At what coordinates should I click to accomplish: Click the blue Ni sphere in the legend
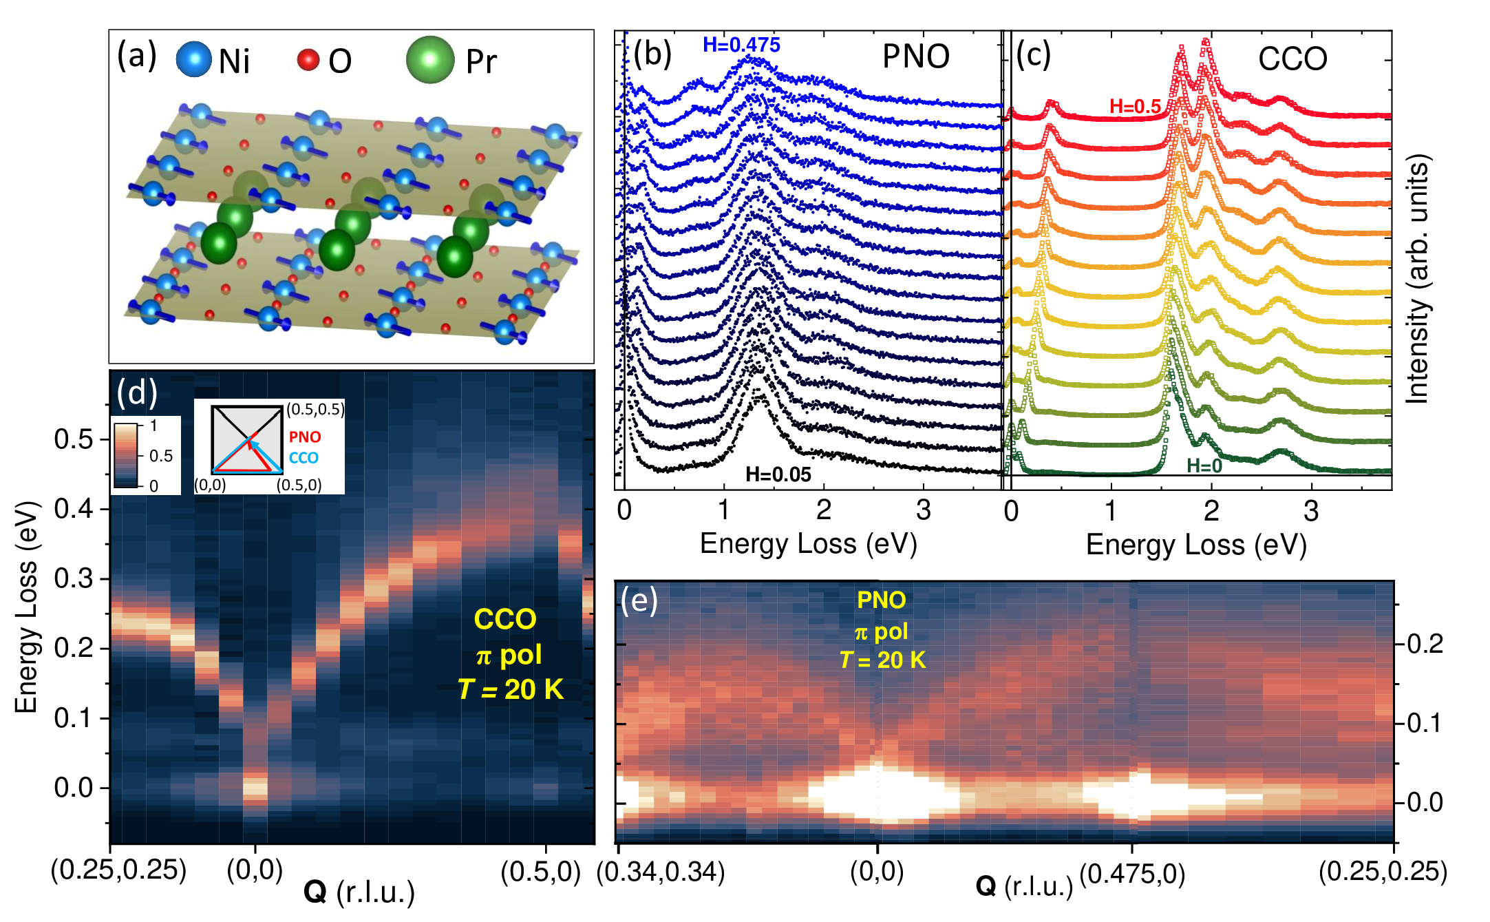coord(193,59)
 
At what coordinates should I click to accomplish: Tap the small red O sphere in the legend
coord(308,60)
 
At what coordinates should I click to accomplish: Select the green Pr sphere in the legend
coord(430,60)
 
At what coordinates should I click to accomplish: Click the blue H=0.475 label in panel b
coord(741,45)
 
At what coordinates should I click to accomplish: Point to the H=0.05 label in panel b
coord(778,474)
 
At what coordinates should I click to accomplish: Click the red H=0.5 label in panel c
coord(1135,107)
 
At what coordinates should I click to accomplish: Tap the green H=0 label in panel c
coord(1204,466)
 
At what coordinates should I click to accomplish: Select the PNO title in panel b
coord(915,56)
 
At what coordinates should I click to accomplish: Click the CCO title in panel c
coord(1292,59)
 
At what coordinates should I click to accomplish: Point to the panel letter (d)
coord(137,393)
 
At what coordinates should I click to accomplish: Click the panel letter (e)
coord(639,601)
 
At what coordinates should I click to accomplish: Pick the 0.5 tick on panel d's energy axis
coord(74,439)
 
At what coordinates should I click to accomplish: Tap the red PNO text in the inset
coord(304,437)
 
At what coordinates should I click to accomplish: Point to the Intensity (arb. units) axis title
coord(1418,279)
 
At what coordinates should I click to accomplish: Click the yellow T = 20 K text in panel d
coord(511,689)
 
